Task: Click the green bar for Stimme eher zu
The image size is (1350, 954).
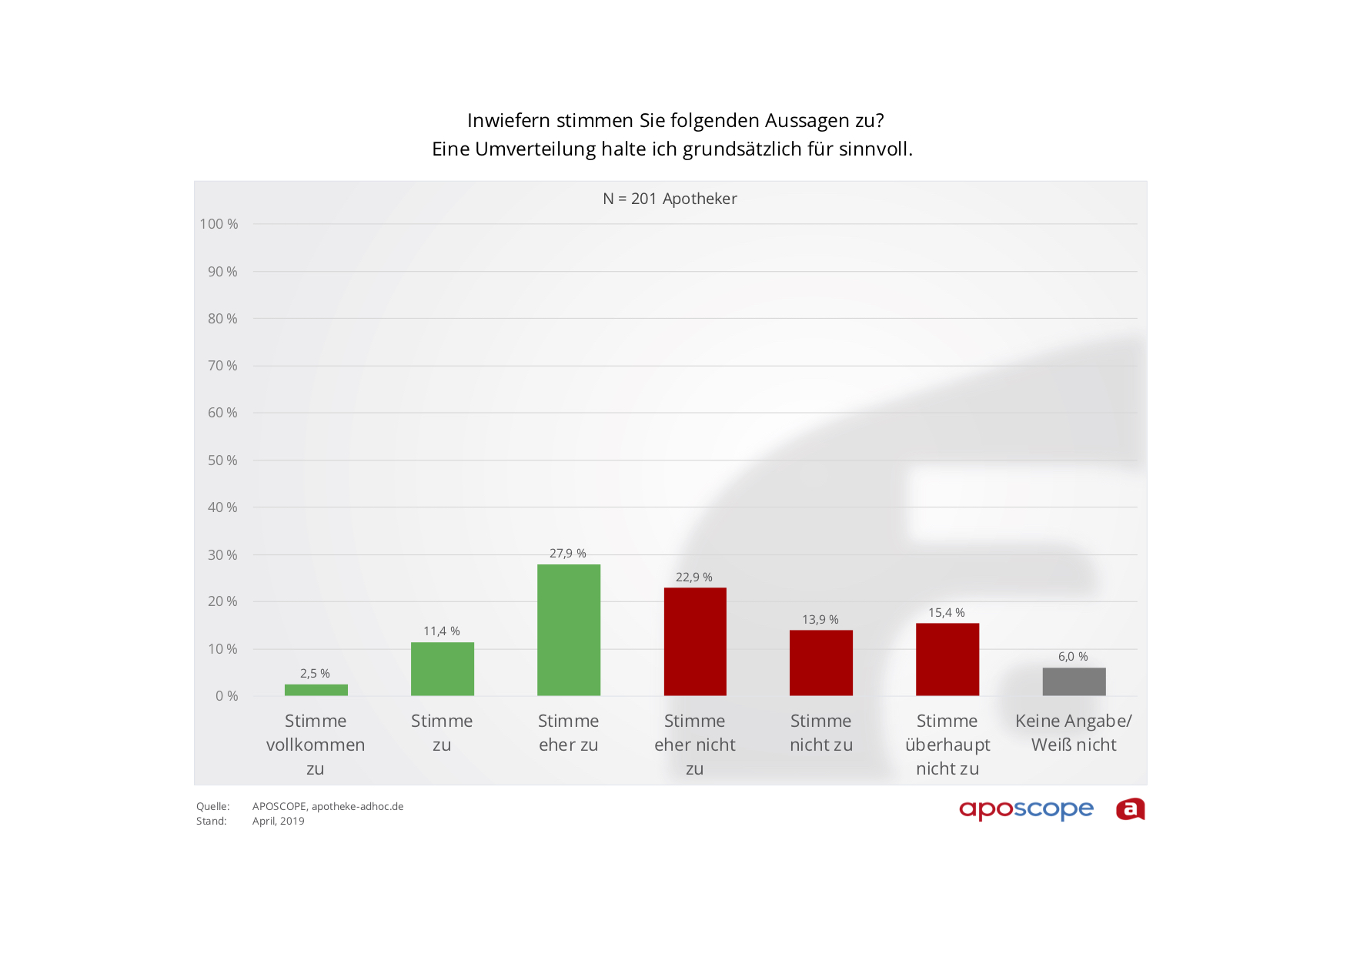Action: pos(568,630)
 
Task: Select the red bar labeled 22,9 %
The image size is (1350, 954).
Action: pos(694,641)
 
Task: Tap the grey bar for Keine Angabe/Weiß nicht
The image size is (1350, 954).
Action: pos(1074,681)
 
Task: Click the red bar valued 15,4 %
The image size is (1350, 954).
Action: pos(947,659)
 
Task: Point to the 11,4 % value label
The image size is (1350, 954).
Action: pos(442,631)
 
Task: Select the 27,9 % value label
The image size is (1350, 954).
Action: pos(568,554)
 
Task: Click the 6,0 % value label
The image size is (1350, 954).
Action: pos(1073,657)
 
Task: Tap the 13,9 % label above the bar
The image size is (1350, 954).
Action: pos(820,620)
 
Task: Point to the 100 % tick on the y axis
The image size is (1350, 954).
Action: pos(219,224)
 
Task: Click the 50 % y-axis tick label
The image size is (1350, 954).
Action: pos(222,460)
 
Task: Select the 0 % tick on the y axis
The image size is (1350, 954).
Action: pos(226,696)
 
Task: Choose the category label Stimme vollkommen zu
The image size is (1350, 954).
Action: pos(316,745)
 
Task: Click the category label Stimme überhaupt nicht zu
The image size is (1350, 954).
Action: pos(947,745)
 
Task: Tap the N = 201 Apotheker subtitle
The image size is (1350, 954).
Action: pos(670,199)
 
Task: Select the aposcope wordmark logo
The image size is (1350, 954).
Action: pos(1026,810)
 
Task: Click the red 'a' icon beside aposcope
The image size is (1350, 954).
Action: pos(1130,809)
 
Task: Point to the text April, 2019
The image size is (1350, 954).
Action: pos(279,822)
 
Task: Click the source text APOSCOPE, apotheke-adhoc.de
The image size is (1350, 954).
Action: pos(328,807)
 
